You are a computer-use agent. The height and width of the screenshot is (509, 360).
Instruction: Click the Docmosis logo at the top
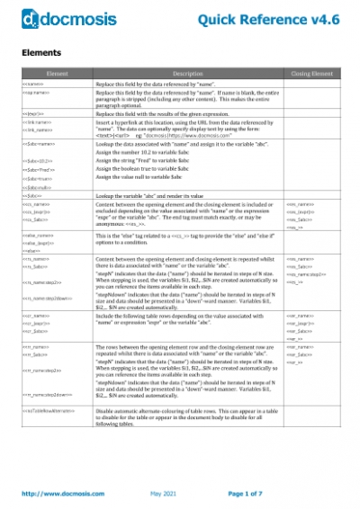[x=58, y=18]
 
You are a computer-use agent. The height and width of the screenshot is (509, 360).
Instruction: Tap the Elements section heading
[x=41, y=53]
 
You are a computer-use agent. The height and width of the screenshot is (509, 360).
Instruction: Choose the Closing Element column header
[x=309, y=72]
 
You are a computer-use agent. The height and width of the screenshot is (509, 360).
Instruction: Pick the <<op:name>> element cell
[x=36, y=92]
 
